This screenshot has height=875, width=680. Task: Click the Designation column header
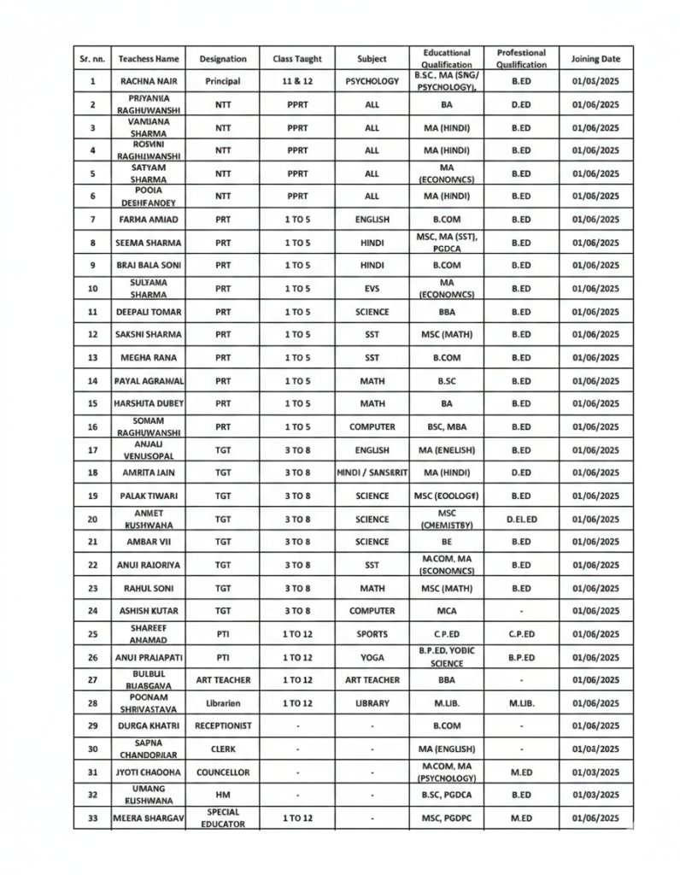coord(222,59)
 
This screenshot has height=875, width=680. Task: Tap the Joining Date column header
coord(595,59)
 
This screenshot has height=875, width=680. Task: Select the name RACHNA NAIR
coord(149,81)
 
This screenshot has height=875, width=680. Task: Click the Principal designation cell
coord(222,81)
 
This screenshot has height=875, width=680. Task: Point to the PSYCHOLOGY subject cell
coord(372,81)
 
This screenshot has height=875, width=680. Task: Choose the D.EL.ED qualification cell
coord(520,519)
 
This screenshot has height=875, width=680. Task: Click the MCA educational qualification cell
coord(445,611)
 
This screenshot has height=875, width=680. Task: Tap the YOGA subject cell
coord(372,657)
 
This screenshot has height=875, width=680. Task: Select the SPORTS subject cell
coord(372,634)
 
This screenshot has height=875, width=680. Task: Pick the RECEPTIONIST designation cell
coord(222,725)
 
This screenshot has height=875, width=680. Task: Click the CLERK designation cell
coord(222,749)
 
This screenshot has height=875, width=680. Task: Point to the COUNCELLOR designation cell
coord(222,772)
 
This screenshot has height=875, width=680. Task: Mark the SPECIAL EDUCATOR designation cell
coord(222,818)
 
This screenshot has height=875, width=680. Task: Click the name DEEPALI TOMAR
coord(149,312)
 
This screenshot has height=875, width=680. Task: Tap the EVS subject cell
coord(372,289)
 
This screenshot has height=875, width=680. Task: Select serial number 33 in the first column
coord(92,818)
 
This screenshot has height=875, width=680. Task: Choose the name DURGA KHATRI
coord(149,725)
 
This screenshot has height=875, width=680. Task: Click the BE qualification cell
coord(445,542)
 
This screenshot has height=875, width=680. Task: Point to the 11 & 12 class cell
coord(296,81)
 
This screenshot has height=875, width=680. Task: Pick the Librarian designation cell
coord(222,703)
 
